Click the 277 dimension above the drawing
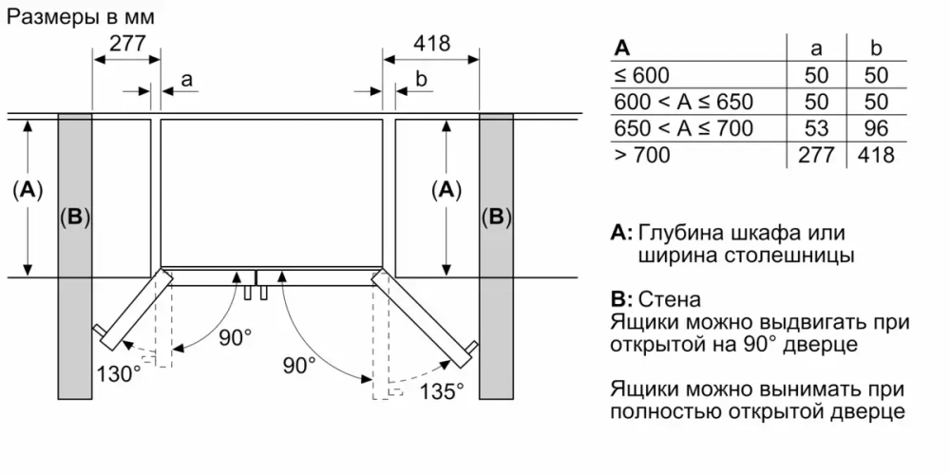127,43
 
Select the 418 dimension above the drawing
431,43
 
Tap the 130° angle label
117,372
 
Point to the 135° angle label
441,389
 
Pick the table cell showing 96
876,128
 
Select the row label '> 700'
642,155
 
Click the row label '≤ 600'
642,75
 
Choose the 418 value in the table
876,155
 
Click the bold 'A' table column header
622,47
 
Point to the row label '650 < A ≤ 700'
683,128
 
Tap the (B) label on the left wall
74,218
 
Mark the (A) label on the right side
444,190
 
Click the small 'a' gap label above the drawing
186,81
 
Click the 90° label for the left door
235,337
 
